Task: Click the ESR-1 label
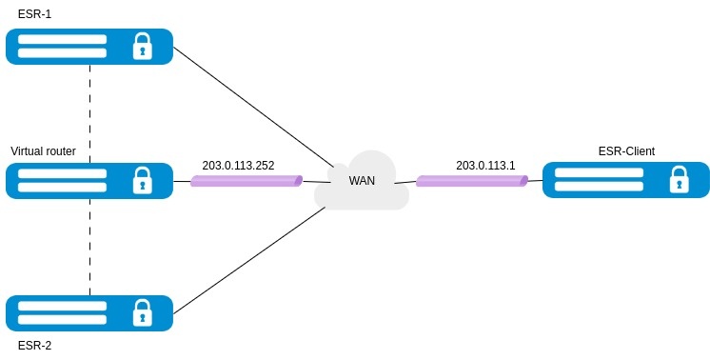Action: coord(34,14)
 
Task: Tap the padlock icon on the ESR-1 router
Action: coord(142,46)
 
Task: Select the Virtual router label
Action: coord(43,150)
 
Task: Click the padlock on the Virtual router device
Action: coord(142,180)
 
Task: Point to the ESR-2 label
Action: coord(34,346)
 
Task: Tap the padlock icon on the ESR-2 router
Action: coord(142,313)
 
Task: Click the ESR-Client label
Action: coord(626,150)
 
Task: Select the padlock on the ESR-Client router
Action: coord(680,179)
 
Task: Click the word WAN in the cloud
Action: coord(362,180)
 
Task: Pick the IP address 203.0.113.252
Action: coord(238,166)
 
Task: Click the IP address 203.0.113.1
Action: coord(485,166)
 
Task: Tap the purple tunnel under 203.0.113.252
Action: coord(247,181)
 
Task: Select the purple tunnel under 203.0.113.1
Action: coord(472,181)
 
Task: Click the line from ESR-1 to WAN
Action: coord(253,107)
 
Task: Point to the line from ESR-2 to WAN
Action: coord(249,260)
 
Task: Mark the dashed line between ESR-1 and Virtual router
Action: coord(89,113)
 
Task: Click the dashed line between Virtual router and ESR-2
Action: coord(89,247)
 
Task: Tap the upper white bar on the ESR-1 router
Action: coord(62,39)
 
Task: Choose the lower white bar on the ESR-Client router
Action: coord(599,186)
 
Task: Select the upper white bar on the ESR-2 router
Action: coord(62,306)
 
